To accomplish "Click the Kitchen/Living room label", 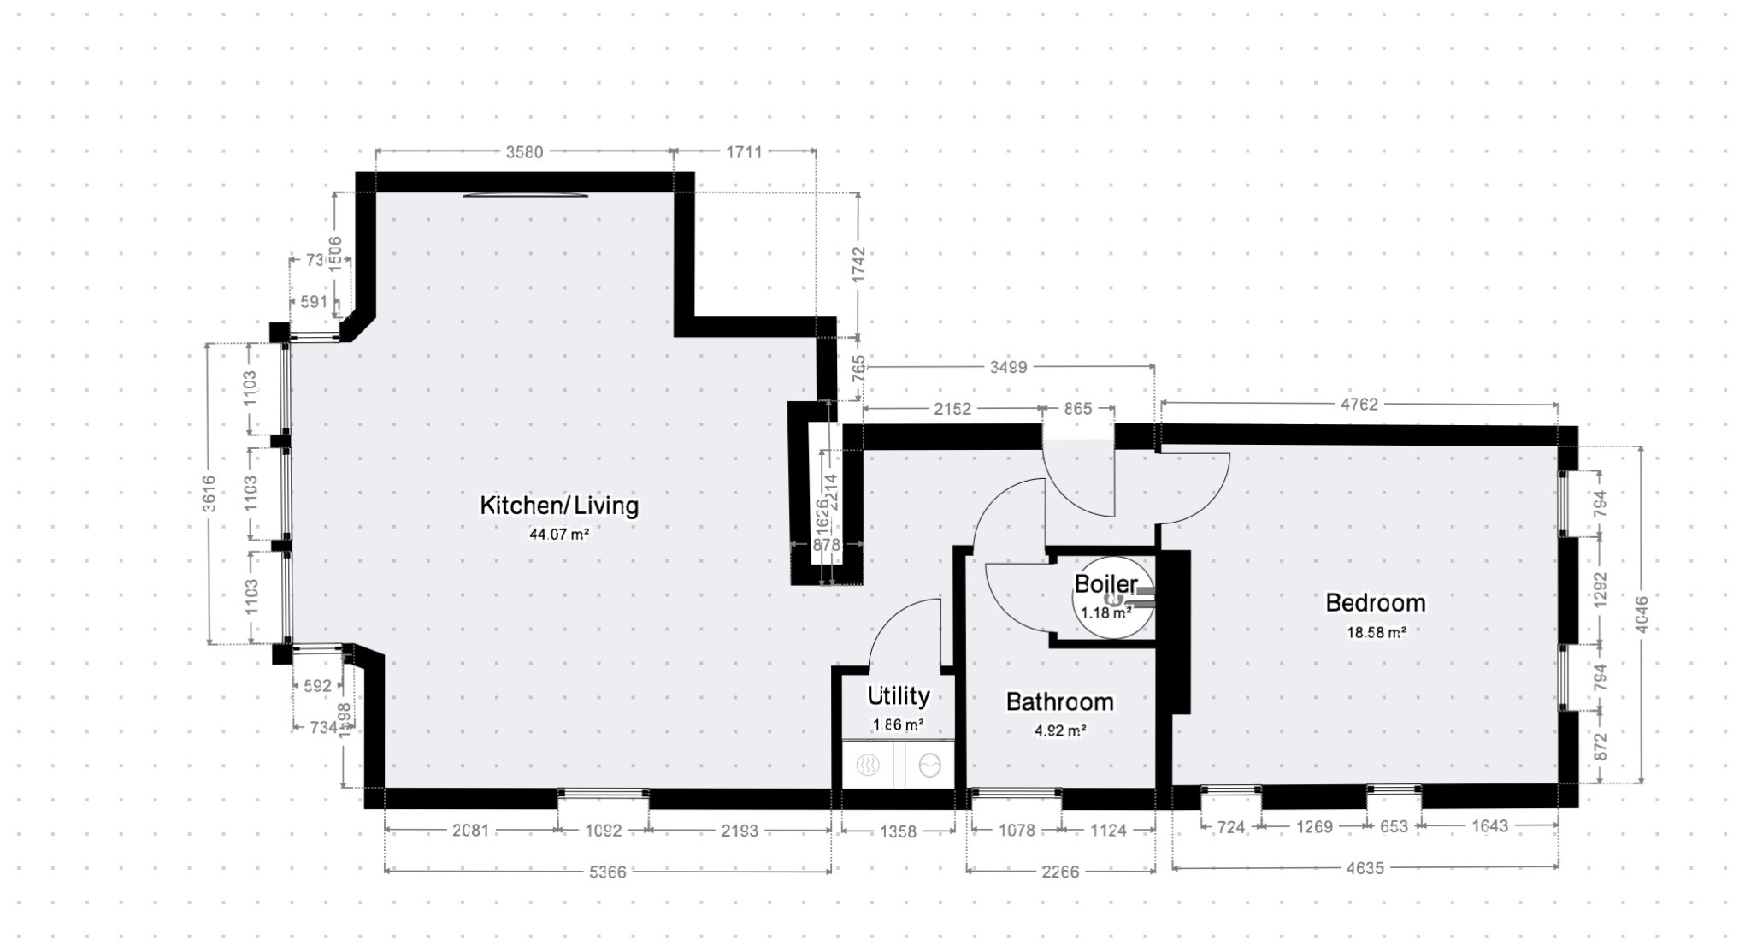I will click(558, 506).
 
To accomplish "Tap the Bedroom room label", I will click(1375, 603).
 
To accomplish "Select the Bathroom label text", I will click(1059, 702).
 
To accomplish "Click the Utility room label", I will click(898, 695).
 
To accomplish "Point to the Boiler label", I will click(1105, 584).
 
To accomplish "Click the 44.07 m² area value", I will click(558, 535).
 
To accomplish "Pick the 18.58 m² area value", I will click(1376, 633).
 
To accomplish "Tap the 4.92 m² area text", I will click(1060, 731).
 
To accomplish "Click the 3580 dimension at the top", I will click(524, 152).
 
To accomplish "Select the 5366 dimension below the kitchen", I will click(607, 872).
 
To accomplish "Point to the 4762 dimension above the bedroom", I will click(1359, 405).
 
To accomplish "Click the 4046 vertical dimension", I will click(1641, 613).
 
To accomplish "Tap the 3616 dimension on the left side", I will click(209, 494).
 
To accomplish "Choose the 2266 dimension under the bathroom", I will click(1060, 872).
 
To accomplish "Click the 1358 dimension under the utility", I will click(898, 831).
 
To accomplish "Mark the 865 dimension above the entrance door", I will click(1077, 409).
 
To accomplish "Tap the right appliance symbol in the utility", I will click(929, 766).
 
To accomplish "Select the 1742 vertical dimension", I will click(858, 265).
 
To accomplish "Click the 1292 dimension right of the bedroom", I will click(1601, 590).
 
